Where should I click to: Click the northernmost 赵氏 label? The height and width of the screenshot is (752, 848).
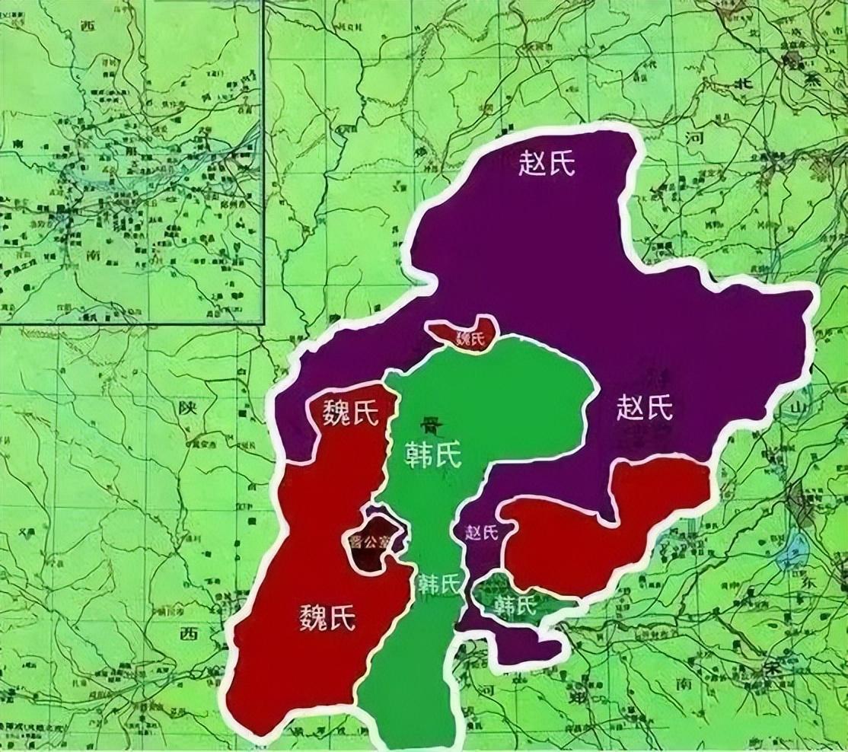pyautogui.click(x=546, y=164)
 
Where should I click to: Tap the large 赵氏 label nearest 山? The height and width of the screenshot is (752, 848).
pyautogui.click(x=644, y=409)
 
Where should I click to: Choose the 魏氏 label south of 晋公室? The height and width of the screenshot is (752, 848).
pyautogui.click(x=327, y=616)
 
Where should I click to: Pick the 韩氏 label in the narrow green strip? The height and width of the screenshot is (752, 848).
pyautogui.click(x=439, y=584)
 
